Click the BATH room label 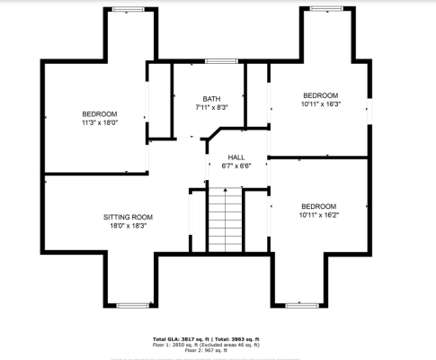211,99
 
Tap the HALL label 236,157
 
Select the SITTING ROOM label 128,217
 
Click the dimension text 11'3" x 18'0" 100,122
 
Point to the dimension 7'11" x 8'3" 211,107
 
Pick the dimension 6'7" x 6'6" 236,166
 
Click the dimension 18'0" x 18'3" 128,226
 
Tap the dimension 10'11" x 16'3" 320,104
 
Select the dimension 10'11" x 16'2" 319,215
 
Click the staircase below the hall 226,221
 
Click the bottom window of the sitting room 133,305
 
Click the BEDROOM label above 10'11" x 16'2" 319,206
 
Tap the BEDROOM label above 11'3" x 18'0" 100,113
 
